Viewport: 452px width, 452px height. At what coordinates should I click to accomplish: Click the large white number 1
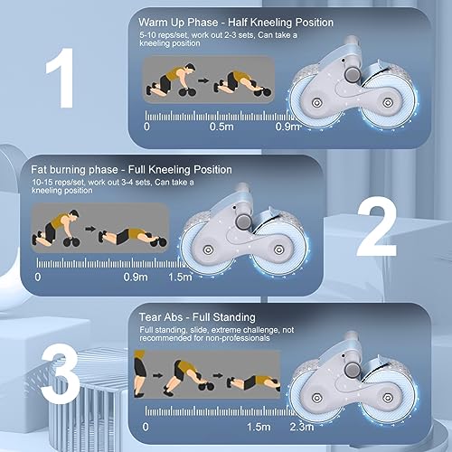[62, 78]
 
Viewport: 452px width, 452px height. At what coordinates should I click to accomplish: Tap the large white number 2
[377, 226]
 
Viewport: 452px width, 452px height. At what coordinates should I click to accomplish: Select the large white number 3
[61, 372]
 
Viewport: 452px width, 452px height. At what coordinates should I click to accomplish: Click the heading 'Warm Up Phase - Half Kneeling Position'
[236, 23]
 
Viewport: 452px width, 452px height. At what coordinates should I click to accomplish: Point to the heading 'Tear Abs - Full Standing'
[197, 317]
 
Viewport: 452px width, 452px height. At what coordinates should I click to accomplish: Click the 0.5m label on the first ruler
[221, 127]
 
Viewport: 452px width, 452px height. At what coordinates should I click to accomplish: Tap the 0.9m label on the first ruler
[287, 127]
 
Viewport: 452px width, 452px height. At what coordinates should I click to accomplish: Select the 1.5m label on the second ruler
[180, 277]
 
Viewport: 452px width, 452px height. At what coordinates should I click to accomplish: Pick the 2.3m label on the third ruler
[302, 427]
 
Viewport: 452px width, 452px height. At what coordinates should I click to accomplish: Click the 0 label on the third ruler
[146, 427]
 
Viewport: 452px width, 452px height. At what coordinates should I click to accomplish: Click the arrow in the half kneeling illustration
[203, 80]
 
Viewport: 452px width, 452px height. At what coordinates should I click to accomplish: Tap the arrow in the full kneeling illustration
[90, 229]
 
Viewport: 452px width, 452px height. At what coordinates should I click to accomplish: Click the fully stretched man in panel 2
[133, 237]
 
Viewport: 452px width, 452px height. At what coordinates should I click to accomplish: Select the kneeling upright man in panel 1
[171, 80]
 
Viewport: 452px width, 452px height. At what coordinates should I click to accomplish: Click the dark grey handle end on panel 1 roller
[352, 74]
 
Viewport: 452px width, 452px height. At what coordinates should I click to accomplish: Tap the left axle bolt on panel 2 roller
[207, 250]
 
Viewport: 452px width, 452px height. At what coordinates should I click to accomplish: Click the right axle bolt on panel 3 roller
[388, 398]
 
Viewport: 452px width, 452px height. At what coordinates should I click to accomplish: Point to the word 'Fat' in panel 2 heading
[39, 169]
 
